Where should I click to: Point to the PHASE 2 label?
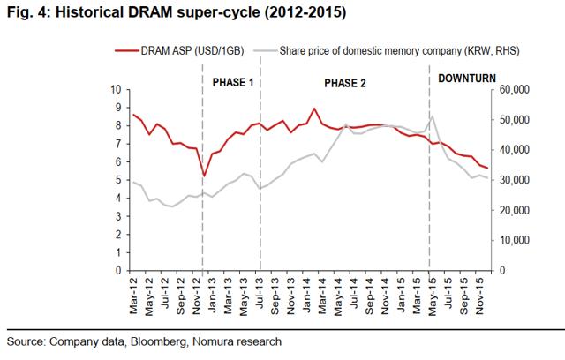pyautogui.click(x=345, y=82)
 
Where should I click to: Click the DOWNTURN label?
pyautogui.click(x=468, y=78)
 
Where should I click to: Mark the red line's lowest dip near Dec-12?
pyautogui.click(x=204, y=176)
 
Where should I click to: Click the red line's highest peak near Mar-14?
pyautogui.click(x=314, y=109)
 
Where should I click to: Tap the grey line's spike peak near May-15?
pyautogui.click(x=433, y=116)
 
